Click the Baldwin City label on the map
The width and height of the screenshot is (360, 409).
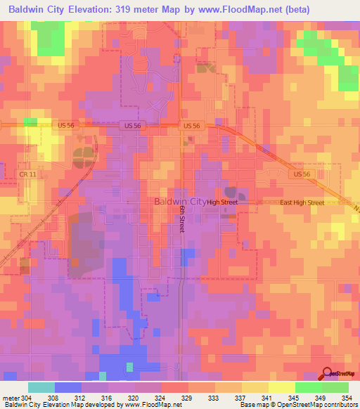[180, 202]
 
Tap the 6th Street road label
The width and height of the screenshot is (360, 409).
[181, 219]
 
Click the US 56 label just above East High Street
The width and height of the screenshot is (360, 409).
[302, 174]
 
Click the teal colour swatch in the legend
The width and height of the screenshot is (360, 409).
[41, 387]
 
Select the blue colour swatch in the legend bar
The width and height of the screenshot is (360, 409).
[68, 387]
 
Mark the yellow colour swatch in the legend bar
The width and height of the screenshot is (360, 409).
[281, 387]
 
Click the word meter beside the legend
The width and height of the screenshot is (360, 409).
[11, 397]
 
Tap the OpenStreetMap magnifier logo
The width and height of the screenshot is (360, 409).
[326, 374]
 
